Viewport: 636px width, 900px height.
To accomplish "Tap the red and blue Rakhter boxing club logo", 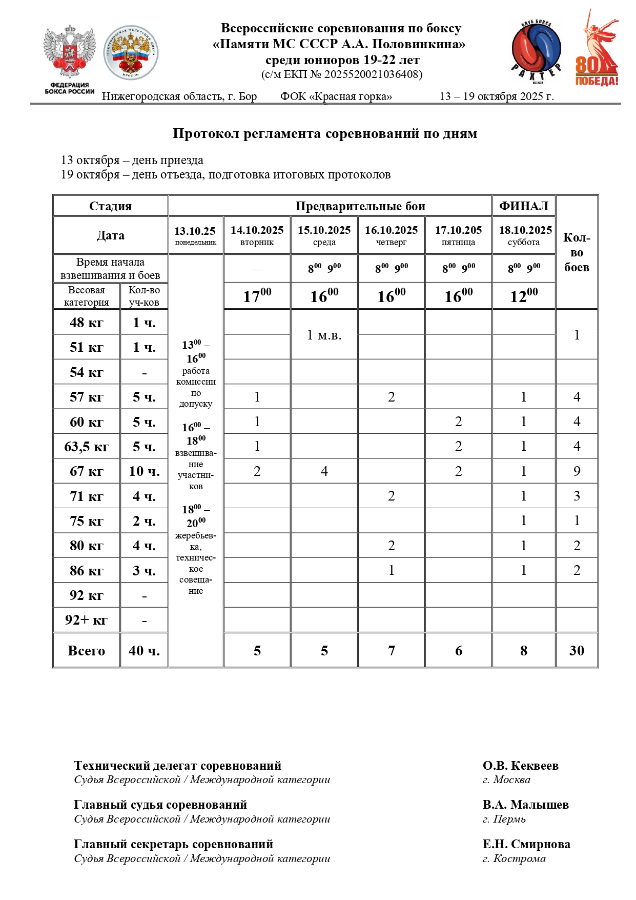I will click(536, 52).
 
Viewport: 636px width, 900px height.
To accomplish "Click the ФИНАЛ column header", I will click(523, 206).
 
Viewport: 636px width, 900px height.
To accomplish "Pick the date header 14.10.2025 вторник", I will click(257, 235).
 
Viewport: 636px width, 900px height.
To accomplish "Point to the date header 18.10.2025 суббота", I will click(525, 235).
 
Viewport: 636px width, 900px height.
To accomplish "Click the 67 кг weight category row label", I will click(87, 471).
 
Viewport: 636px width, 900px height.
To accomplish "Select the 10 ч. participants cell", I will click(144, 471).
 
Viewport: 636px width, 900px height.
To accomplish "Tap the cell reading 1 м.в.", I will click(324, 335).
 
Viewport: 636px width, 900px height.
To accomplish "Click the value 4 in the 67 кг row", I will click(324, 471).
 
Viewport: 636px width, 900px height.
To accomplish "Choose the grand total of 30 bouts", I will click(577, 650).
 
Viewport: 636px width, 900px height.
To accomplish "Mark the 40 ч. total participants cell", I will click(144, 650).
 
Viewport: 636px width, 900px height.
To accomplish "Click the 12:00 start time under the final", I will click(523, 296).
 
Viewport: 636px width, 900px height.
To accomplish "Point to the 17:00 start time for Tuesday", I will click(257, 296).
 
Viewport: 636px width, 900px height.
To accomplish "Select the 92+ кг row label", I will click(87, 620).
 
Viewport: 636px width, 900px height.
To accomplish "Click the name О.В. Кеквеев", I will click(520, 766).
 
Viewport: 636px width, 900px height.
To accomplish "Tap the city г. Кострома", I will click(514, 858).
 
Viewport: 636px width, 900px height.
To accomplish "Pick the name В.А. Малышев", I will click(525, 805).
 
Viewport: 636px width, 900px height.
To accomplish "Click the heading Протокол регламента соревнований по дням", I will click(325, 134).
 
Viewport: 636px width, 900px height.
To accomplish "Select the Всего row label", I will click(87, 650).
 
